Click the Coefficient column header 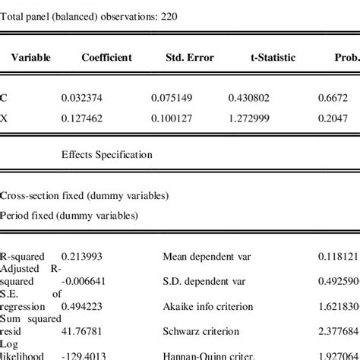(107, 58)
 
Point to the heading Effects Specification (107, 154)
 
